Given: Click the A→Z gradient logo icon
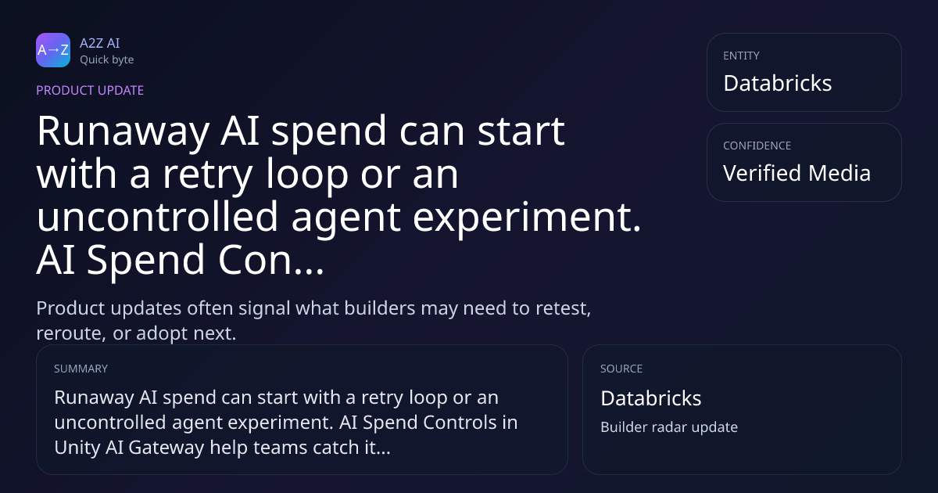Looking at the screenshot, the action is pos(53,50).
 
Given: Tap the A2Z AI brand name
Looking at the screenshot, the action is pos(100,43).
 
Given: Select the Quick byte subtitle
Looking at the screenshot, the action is pos(107,60).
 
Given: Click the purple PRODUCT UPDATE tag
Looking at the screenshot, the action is pos(90,90).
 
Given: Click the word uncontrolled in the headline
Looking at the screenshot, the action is pos(157,216).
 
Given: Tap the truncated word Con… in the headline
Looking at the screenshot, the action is pos(271,260).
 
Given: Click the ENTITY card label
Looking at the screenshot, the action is pos(741,56).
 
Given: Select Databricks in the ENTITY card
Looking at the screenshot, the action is pos(778,83).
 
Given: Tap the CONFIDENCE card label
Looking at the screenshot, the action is pos(757,146).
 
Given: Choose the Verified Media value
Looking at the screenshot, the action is pos(797,173).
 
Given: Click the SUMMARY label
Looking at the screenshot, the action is pos(81,369).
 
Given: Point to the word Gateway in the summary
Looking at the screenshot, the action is pos(166,448).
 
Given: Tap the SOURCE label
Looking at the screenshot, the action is pos(621,369).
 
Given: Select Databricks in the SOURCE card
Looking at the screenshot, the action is pos(650,398).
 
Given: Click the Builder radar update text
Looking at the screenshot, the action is pos(669,427).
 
